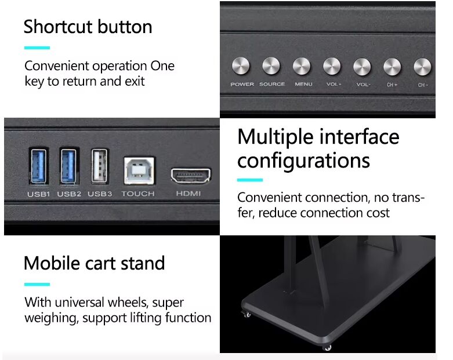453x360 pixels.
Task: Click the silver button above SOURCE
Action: pyautogui.click(x=271, y=66)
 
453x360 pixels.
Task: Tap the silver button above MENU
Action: pyautogui.click(x=302, y=66)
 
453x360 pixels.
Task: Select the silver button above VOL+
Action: pyautogui.click(x=332, y=66)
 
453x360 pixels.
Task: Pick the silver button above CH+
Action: pyautogui.click(x=392, y=67)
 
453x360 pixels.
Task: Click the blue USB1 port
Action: pyautogui.click(x=39, y=166)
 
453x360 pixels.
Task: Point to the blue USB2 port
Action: pyautogui.click(x=69, y=166)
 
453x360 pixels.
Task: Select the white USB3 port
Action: pyautogui.click(x=99, y=166)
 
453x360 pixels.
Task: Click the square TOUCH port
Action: pyautogui.click(x=139, y=170)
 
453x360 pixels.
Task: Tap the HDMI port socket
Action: pyautogui.click(x=191, y=175)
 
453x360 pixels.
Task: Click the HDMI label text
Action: pyautogui.click(x=189, y=194)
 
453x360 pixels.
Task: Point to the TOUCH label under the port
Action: pyautogui.click(x=138, y=194)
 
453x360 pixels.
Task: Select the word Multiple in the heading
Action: pyautogui.click(x=276, y=137)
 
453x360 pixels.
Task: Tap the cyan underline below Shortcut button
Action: pyautogui.click(x=37, y=48)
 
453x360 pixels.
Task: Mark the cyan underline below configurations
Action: pyautogui.click(x=250, y=180)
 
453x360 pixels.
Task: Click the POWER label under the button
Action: pyautogui.click(x=242, y=84)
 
